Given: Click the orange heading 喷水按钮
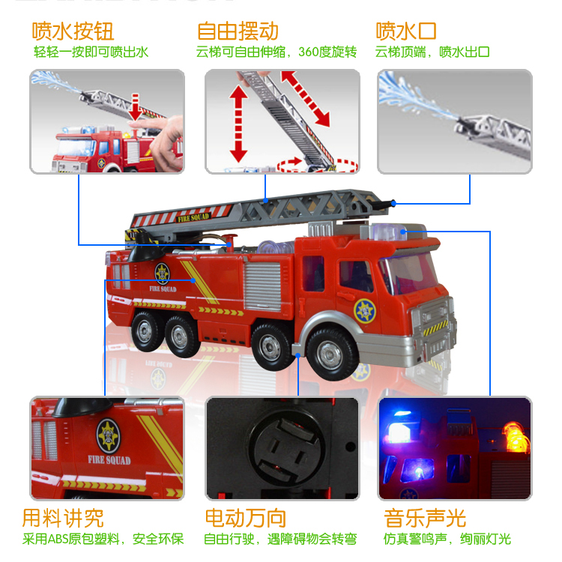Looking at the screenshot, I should click(x=73, y=31).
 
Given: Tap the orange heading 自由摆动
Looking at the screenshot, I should click(x=238, y=31).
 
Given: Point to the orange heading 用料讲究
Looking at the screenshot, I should click(x=63, y=518).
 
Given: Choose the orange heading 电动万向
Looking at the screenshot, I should click(x=245, y=518).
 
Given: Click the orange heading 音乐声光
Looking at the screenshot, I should click(x=425, y=518).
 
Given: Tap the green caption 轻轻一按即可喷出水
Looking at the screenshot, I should click(x=91, y=52).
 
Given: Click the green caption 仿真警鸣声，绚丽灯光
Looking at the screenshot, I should click(x=447, y=539).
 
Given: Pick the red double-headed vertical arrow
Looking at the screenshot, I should click(x=238, y=124).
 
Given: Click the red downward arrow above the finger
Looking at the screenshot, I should click(x=136, y=106).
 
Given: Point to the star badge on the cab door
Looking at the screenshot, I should click(x=365, y=309).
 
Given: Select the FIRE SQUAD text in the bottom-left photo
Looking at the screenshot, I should click(x=109, y=460).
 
